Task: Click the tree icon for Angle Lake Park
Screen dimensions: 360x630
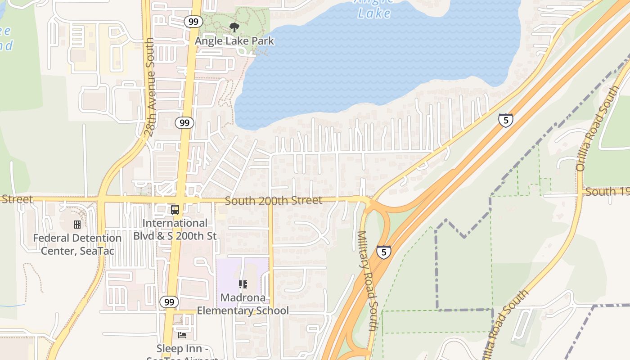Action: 234,27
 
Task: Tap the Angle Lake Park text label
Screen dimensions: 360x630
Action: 234,41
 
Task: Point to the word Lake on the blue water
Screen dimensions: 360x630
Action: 374,13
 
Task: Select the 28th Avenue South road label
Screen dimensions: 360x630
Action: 150,87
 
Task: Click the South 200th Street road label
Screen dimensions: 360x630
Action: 273,200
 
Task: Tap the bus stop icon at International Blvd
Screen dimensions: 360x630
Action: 175,210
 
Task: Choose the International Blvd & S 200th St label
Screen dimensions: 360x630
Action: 175,229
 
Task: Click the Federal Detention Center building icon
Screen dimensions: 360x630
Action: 77,224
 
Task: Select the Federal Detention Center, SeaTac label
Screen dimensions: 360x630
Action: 77,244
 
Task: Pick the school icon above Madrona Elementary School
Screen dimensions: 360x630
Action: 243,284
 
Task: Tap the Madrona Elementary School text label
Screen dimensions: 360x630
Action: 243,304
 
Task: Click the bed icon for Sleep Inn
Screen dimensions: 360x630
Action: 182,335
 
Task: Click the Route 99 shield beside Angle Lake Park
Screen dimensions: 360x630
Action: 193,21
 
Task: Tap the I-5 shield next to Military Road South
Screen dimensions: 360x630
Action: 383,252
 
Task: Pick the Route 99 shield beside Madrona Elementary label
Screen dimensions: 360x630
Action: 169,302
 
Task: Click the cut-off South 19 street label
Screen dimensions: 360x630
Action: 607,192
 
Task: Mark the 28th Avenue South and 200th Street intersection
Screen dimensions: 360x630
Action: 101,198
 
